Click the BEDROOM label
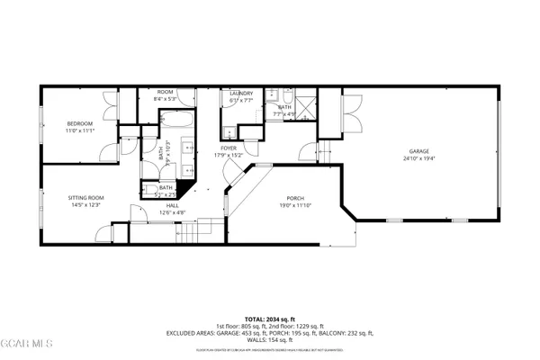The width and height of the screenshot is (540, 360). point(79,123)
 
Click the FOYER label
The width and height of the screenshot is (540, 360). point(229,148)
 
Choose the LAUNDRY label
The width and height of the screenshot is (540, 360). point(240,94)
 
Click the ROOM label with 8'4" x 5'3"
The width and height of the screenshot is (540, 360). point(165,92)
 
